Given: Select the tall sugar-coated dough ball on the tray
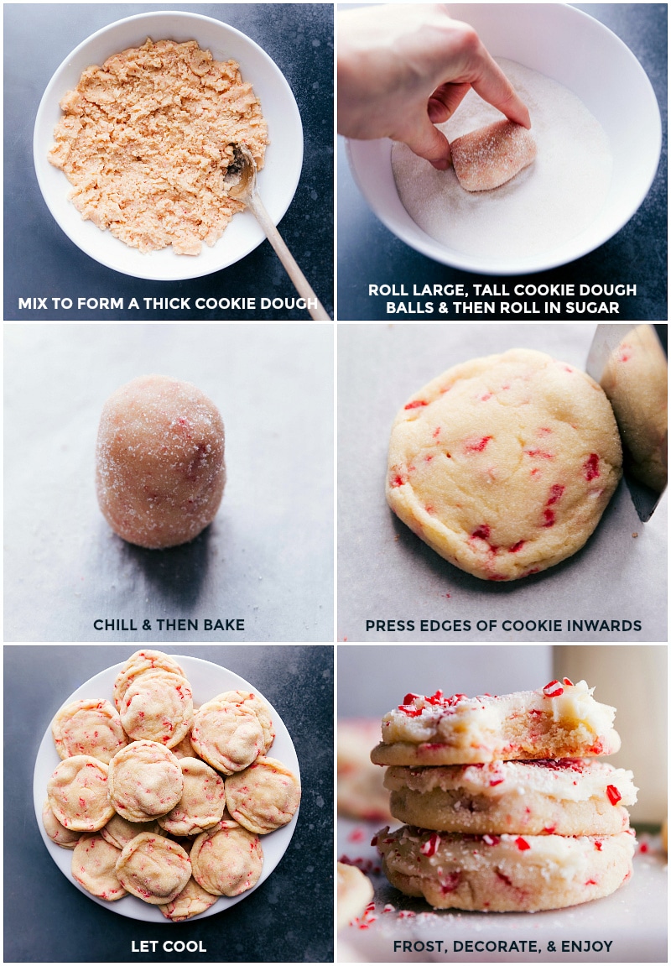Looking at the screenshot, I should tap(160, 461).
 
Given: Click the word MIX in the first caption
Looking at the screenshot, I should tap(33, 303).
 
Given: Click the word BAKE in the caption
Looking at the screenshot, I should tap(222, 625).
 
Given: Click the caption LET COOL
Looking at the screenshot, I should tap(168, 947).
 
